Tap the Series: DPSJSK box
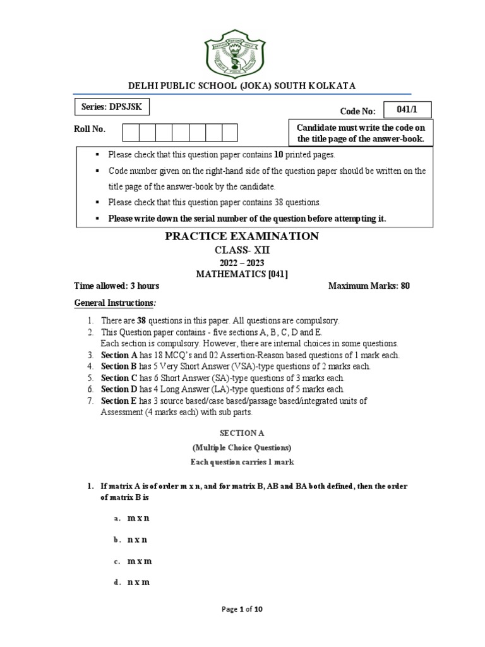(112, 107)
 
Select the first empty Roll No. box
(131, 132)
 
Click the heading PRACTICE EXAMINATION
(242, 236)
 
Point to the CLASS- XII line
(242, 250)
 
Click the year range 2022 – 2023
(242, 262)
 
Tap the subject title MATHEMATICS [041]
(242, 274)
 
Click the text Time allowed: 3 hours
(117, 286)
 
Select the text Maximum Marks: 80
(369, 286)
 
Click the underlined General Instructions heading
(114, 303)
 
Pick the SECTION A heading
(242, 433)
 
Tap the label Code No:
(358, 111)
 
